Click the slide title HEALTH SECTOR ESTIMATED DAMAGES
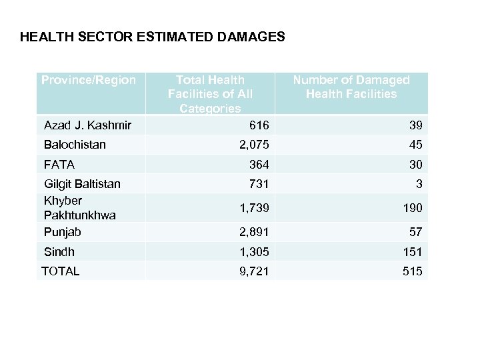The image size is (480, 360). pos(153,37)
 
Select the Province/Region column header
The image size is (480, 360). pos(88,80)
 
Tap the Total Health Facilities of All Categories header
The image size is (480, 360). pos(210,94)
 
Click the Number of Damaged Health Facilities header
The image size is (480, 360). pos(351,87)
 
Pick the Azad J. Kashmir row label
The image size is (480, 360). pos(87,125)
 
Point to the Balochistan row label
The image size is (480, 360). pos(75,145)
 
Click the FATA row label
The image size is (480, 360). pos(59,164)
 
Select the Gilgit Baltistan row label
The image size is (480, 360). pos(82,184)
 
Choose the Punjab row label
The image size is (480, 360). pos(62,231)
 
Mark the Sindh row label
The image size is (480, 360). pos(59,251)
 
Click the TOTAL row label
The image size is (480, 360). pos(60,271)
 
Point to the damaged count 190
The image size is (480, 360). pos(412,208)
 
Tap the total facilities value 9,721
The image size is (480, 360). pos(255,271)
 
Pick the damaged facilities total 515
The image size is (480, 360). pos(412,271)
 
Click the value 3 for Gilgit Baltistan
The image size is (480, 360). pos(419,184)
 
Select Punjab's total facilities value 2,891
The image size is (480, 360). pos(255,232)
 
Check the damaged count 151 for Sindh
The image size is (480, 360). pos(412,252)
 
